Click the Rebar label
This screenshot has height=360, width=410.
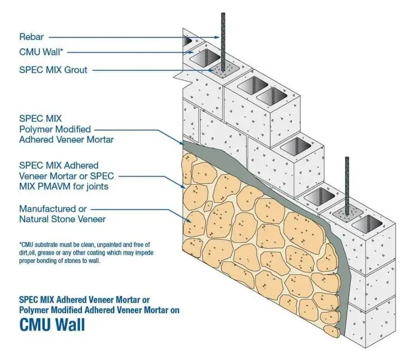tap(31, 37)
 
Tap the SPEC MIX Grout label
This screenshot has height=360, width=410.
tap(54, 70)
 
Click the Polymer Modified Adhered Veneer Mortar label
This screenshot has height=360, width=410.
tap(66, 129)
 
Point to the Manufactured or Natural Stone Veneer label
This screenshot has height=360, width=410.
tap(62, 214)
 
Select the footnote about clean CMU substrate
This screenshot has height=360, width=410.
tap(86, 252)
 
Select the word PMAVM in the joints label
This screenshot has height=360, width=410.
tap(59, 186)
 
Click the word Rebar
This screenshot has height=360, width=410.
tap(31, 37)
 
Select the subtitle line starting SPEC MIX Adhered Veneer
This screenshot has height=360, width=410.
tap(84, 299)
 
